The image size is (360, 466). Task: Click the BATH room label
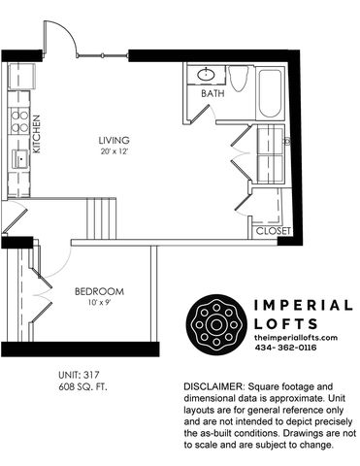(x=213, y=93)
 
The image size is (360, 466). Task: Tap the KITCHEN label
(x=37, y=134)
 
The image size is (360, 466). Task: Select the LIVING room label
(x=115, y=141)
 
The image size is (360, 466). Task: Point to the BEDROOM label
(x=99, y=291)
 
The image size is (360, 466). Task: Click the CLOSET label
(x=274, y=231)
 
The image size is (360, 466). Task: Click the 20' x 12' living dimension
(x=115, y=151)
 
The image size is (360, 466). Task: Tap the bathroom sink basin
(x=206, y=75)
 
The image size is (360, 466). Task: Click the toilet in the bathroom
(x=239, y=78)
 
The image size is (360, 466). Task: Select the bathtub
(x=271, y=93)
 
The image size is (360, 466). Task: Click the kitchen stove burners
(x=19, y=120)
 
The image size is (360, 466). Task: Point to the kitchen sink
(x=20, y=159)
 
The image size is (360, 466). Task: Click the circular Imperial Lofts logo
(x=215, y=324)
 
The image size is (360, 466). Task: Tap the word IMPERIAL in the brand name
(x=303, y=305)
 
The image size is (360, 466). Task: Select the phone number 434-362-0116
(x=285, y=348)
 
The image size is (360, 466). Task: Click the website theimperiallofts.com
(x=296, y=338)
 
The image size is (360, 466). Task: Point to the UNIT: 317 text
(x=79, y=375)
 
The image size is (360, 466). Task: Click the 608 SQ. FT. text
(x=82, y=386)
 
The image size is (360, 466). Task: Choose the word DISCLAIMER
(x=213, y=386)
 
